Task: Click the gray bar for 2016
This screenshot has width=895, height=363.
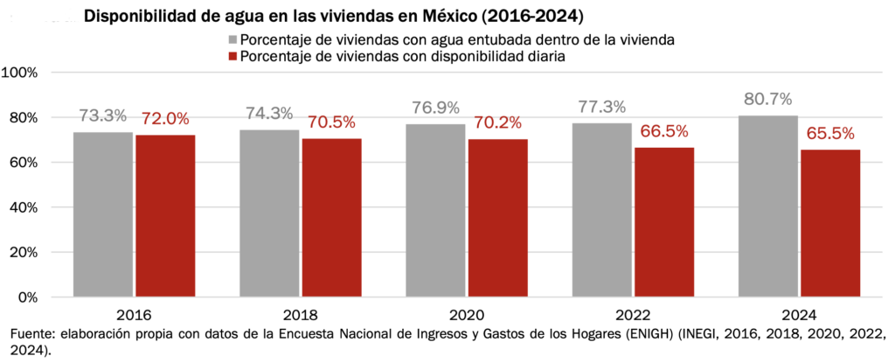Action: [103, 214]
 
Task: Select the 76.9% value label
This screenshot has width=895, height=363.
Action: [437, 108]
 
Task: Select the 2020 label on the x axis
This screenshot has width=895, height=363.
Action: [468, 315]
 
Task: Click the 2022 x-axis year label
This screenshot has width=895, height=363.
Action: [635, 315]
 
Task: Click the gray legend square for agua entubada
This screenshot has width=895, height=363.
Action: [232, 39]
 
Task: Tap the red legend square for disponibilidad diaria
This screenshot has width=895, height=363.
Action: [232, 56]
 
